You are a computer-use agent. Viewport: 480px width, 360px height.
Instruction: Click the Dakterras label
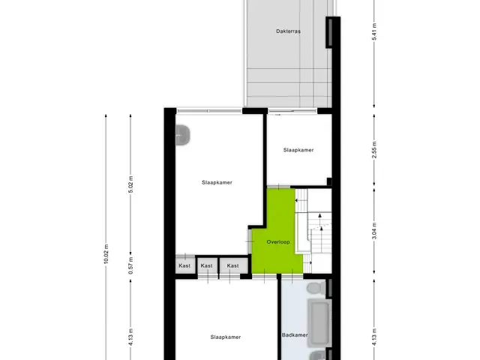[x=288, y=31]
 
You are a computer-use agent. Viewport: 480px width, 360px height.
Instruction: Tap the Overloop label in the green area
[x=278, y=241]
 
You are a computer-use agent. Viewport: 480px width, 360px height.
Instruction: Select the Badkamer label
[x=295, y=335]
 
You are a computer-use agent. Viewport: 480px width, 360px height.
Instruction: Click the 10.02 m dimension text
[x=106, y=253]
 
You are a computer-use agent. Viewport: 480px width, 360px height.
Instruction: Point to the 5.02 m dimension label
[x=130, y=184]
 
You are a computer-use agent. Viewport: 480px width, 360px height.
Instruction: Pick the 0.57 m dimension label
[x=130, y=265]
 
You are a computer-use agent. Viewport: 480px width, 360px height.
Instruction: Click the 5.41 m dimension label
[x=374, y=31]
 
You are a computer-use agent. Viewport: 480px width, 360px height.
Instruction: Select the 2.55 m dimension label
[x=374, y=150]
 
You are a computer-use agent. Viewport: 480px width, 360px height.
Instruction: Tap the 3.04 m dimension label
[x=374, y=231]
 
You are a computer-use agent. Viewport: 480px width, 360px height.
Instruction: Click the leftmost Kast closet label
[x=184, y=265]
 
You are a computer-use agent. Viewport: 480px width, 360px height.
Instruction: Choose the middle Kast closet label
[x=207, y=265]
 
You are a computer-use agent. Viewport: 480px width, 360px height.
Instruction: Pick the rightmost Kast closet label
[x=233, y=265]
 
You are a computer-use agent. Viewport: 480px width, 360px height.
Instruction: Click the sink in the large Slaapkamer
[x=183, y=135]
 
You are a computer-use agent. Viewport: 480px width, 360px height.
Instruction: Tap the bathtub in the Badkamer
[x=319, y=322]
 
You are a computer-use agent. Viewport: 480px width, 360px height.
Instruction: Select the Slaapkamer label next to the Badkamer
[x=226, y=337]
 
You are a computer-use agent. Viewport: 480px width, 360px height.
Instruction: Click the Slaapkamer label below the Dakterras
[x=298, y=150]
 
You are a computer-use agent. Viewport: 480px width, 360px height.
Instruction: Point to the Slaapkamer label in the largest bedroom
[x=217, y=182]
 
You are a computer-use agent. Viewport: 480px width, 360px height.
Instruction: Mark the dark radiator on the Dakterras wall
[x=330, y=31]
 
